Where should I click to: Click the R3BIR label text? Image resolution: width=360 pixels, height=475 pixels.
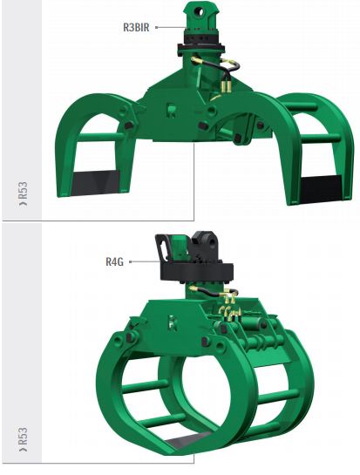136,27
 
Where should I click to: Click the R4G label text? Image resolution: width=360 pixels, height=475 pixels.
114,261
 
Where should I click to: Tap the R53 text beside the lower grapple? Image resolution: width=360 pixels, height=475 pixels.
23,439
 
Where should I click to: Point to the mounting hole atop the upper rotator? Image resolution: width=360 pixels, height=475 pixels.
200,12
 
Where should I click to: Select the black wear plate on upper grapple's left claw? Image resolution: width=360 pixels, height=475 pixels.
95,183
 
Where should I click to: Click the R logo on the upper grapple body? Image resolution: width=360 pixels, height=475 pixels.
172,111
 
